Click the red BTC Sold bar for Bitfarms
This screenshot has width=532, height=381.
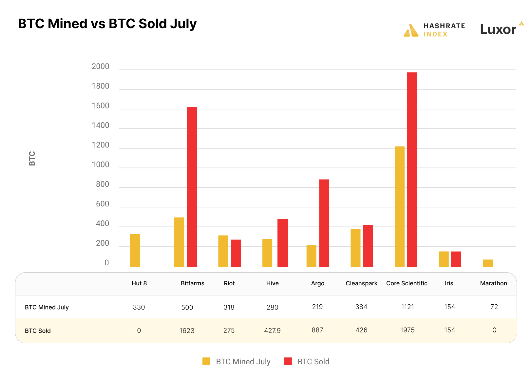tap(192, 187)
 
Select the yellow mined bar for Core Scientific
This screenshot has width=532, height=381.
tap(400, 206)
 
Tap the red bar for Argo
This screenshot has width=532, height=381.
tap(324, 223)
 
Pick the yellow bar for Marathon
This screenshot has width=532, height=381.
tap(487, 263)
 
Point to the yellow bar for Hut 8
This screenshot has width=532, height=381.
tap(135, 250)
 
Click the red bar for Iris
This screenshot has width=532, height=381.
tap(456, 259)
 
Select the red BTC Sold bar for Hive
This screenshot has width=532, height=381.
tap(283, 242)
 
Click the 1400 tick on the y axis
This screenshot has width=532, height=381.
tap(101, 125)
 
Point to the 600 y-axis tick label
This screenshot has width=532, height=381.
tap(103, 204)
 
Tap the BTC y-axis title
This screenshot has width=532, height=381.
tap(32, 159)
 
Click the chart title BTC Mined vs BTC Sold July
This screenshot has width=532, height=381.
tap(107, 24)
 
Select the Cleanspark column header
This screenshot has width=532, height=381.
tap(361, 283)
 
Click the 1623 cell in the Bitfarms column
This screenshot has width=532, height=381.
tap(187, 331)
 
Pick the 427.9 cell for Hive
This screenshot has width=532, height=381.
tap(272, 331)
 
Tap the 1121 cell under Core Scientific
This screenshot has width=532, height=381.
tap(408, 307)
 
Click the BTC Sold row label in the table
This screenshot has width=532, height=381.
tap(38, 331)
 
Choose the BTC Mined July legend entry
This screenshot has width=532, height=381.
tap(243, 362)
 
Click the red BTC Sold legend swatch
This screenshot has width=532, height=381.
tap(288, 361)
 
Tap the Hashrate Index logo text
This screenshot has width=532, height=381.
tap(444, 30)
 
